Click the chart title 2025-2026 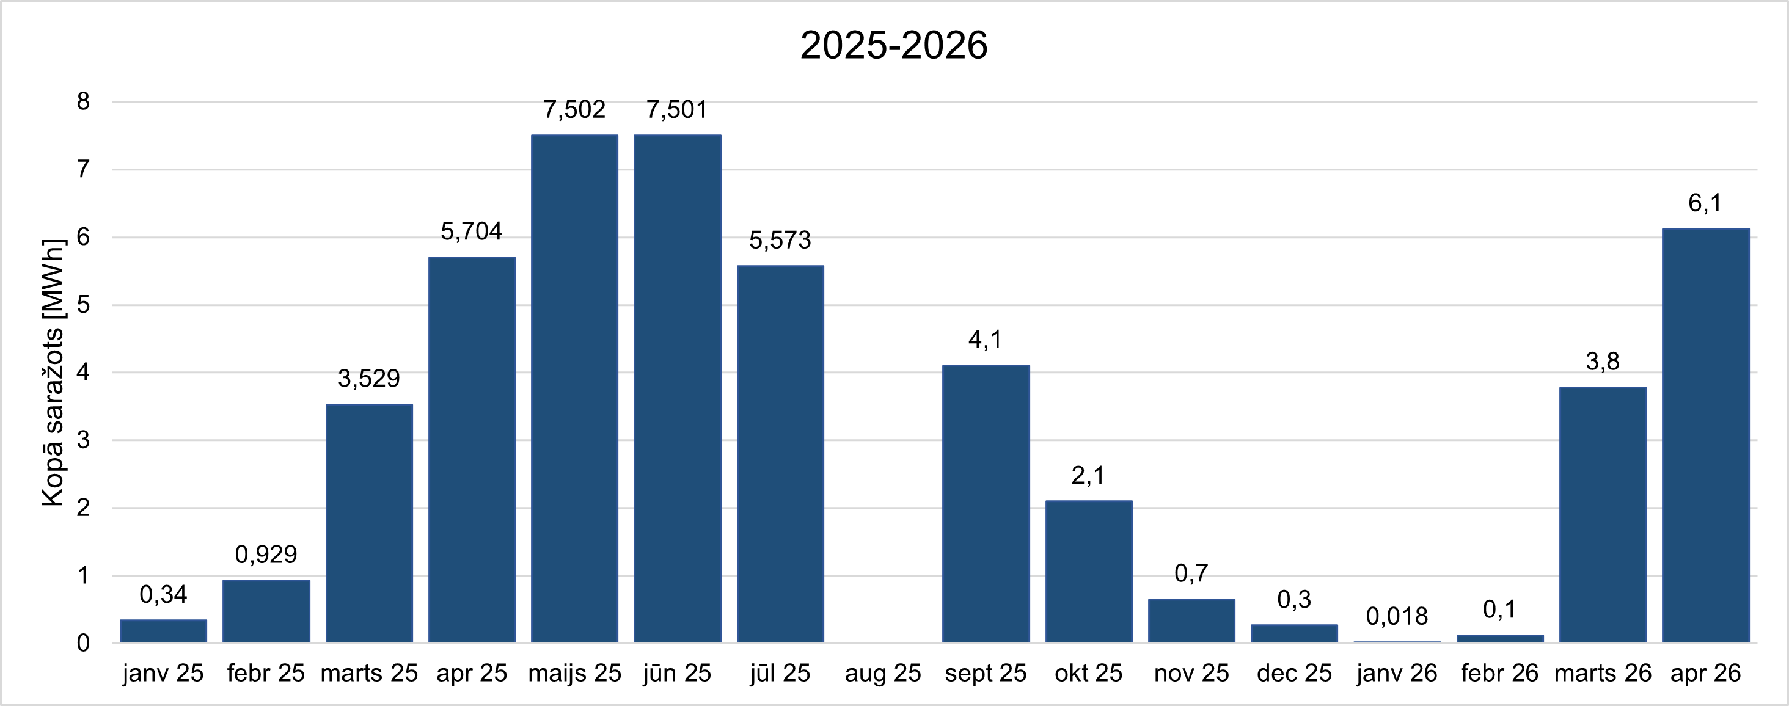(894, 46)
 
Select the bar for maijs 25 (574, 389)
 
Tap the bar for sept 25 (986, 504)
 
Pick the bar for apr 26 (1705, 436)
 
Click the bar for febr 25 (266, 611)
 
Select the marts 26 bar (1602, 515)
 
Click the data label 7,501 (677, 110)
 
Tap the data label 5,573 (780, 240)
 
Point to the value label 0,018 (1397, 616)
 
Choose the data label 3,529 (369, 378)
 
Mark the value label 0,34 (163, 594)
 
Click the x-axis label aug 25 (883, 674)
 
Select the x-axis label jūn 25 (677, 674)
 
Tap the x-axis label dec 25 (1294, 674)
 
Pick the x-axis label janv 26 (1397, 674)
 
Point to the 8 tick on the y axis (83, 102)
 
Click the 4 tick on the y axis (83, 373)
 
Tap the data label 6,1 (1705, 203)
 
